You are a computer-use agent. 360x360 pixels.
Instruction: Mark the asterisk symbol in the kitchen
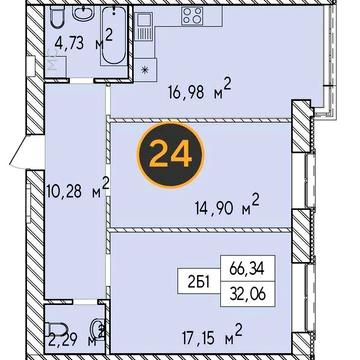tap(146, 71)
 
